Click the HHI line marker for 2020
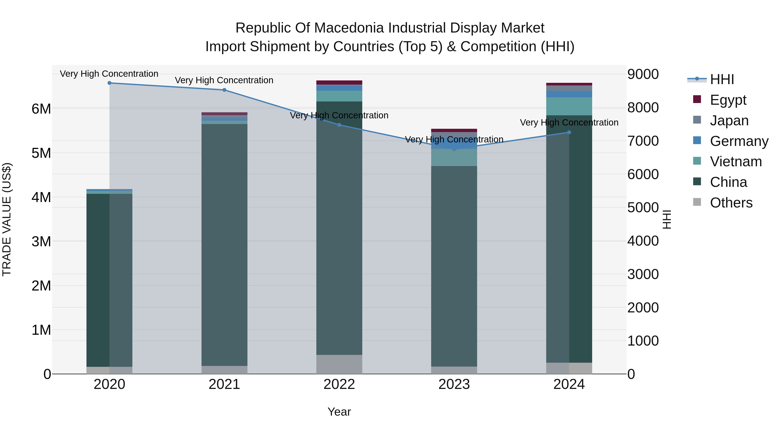point(109,83)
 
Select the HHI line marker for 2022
point(339,125)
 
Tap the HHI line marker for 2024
point(569,132)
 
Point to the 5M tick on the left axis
point(41,153)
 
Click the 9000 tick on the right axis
point(643,74)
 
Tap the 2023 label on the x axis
point(454,384)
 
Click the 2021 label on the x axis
point(224,384)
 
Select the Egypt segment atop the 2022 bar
point(339,82)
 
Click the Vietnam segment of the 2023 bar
point(454,158)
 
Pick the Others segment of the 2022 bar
point(339,364)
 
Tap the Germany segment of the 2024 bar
point(569,94)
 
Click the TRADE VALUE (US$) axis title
point(7,219)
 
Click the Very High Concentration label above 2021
point(224,80)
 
